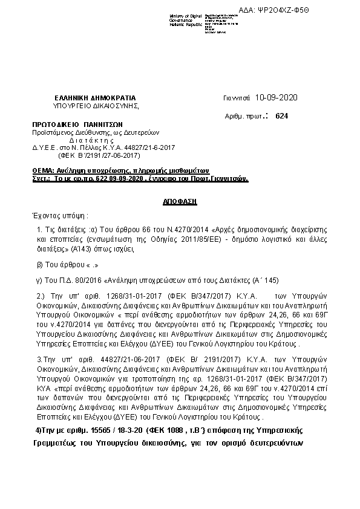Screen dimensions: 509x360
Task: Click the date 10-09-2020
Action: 277,97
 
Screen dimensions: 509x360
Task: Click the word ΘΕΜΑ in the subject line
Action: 42,171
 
